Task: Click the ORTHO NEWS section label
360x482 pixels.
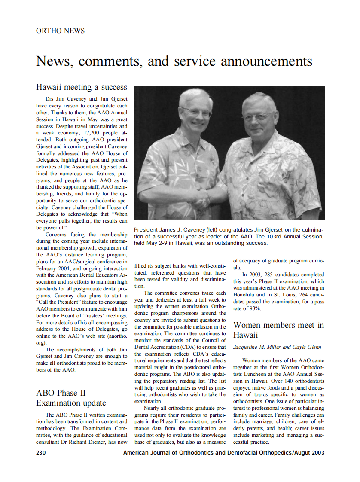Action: (x=61, y=31)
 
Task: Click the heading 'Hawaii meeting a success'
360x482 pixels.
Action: (x=82, y=87)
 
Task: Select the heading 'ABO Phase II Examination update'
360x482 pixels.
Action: (x=71, y=398)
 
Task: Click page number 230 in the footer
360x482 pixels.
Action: (x=42, y=453)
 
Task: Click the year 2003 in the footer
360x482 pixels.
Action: (x=317, y=453)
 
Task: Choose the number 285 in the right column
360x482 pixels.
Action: (x=270, y=274)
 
